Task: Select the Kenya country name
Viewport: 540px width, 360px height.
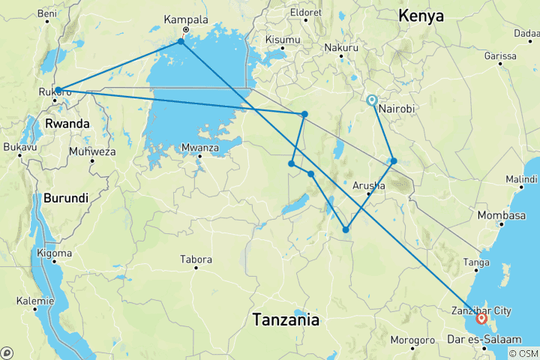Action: pyautogui.click(x=421, y=16)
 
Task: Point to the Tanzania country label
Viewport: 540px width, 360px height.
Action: pyautogui.click(x=286, y=319)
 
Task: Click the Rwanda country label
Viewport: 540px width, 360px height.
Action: pyautogui.click(x=67, y=123)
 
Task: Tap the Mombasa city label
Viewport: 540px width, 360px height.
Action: pyautogui.click(x=501, y=216)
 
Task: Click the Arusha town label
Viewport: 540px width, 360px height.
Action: pyautogui.click(x=368, y=185)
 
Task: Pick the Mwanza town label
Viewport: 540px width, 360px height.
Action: pyautogui.click(x=199, y=148)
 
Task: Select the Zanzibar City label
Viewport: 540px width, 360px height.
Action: pyautogui.click(x=483, y=310)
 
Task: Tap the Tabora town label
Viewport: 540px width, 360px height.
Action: pyautogui.click(x=196, y=259)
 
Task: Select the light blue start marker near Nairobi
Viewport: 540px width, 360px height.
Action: pyautogui.click(x=371, y=99)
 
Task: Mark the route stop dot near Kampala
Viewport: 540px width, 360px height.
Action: pyautogui.click(x=181, y=42)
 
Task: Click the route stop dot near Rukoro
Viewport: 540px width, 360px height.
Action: pyautogui.click(x=58, y=90)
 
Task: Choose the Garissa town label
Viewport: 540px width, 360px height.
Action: pyautogui.click(x=500, y=55)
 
